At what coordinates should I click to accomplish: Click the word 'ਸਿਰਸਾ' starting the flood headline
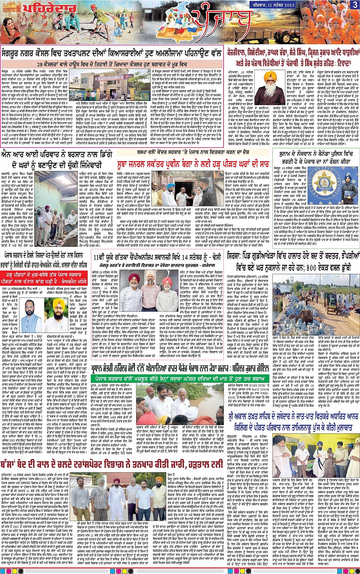(x=237, y=255)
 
